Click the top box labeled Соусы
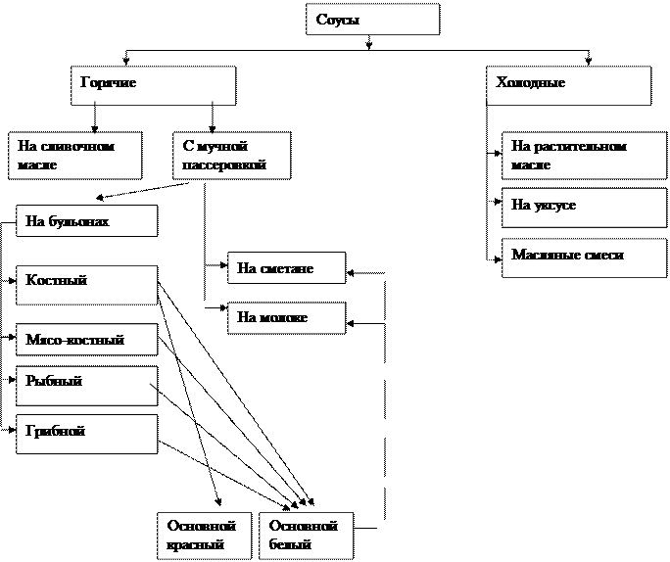372,20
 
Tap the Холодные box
568,85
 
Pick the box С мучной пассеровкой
232,156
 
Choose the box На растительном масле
584,156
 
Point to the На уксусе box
584,207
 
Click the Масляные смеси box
584,257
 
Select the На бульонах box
86,221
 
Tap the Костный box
86,285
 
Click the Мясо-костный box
86,340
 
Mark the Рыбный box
86,386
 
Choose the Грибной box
86,434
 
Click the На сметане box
286,268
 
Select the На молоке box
286,318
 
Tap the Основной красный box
204,536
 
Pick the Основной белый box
307,536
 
